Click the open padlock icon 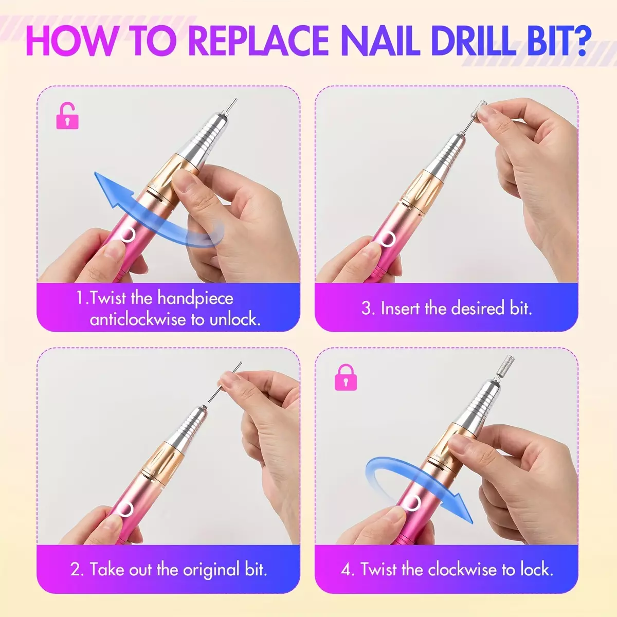(67, 116)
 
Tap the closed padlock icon (346, 377)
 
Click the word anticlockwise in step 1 (138, 319)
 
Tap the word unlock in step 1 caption (234, 319)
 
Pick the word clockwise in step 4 (462, 570)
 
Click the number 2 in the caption (77, 570)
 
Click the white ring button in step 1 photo (128, 234)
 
